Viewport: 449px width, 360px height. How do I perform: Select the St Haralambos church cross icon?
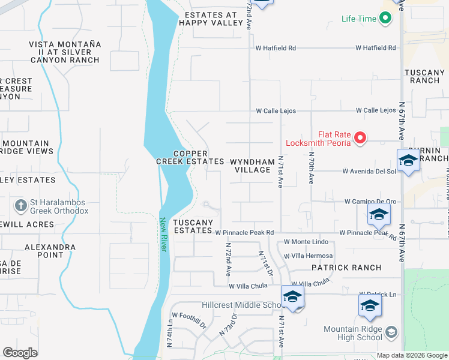(x=21, y=206)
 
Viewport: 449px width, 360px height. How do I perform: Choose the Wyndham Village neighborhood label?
(x=252, y=166)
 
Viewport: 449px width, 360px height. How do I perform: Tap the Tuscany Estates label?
(x=193, y=226)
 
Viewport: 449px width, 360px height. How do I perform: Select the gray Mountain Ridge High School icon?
(x=391, y=332)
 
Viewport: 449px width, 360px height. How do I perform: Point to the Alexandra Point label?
(x=50, y=251)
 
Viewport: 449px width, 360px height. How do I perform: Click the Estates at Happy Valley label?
(x=211, y=19)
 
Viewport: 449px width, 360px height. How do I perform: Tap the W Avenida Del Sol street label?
(x=369, y=171)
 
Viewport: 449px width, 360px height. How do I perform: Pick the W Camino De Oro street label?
(x=370, y=202)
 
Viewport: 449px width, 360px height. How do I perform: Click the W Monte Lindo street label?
(x=306, y=241)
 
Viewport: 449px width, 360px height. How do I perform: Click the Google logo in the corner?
(x=20, y=353)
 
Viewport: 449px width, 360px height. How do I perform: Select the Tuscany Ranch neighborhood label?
(x=424, y=76)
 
